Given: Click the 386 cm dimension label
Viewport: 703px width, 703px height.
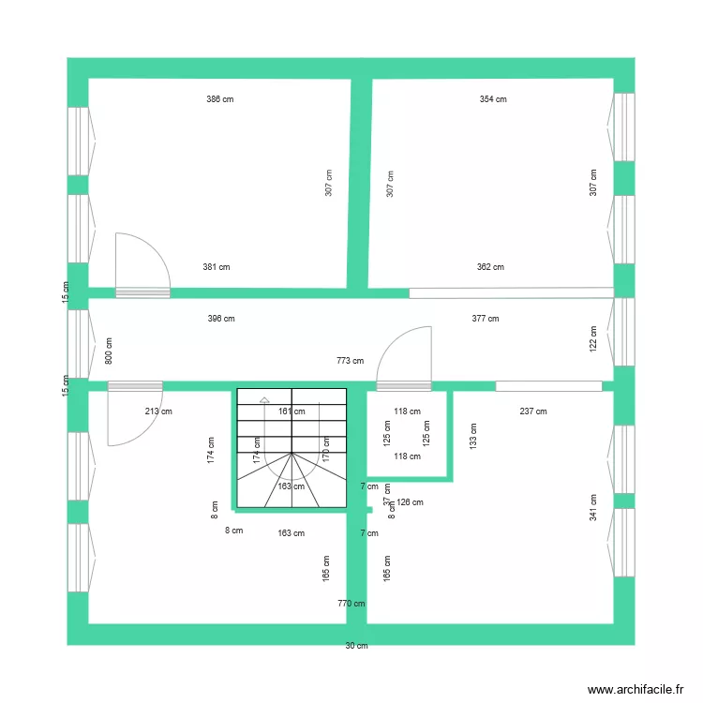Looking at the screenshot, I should [220, 98].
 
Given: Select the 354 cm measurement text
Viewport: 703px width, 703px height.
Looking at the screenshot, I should [493, 98].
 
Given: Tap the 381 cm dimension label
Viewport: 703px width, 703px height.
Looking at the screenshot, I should [217, 267].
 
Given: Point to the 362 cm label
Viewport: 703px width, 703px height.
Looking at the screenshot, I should [490, 267].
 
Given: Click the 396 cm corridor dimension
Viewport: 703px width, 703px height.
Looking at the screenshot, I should [221, 319].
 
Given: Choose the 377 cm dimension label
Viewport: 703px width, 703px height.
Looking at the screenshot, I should [486, 319].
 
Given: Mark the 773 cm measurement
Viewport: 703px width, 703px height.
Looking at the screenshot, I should [350, 360].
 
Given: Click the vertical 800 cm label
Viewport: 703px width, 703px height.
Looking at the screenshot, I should [109, 351].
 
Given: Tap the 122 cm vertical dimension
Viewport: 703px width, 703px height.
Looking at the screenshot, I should [593, 338].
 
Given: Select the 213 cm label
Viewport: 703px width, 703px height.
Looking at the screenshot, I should [158, 411].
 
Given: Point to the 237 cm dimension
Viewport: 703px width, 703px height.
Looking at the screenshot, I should [533, 411].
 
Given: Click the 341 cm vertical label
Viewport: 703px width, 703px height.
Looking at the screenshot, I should [593, 507].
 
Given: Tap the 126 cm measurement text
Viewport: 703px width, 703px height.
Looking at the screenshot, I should [411, 502].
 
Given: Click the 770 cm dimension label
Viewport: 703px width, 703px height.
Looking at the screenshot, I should [351, 604].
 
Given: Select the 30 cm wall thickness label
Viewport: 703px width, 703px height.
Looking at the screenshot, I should [356, 645].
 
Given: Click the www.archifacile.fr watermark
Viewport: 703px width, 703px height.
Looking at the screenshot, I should [636, 689].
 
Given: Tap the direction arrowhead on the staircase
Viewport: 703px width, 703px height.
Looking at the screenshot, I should [264, 397].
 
